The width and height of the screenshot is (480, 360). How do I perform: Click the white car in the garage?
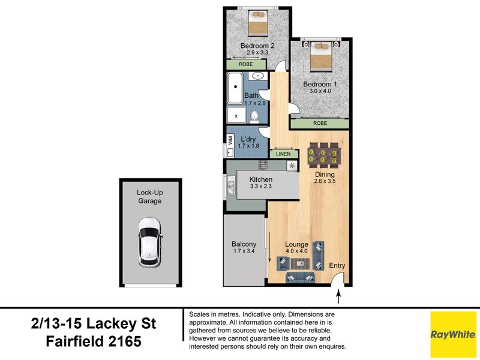point(149,242)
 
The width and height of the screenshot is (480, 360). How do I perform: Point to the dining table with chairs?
point(323,156)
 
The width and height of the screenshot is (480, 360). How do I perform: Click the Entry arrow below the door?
point(339,296)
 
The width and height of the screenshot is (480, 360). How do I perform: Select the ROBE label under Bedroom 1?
point(320,124)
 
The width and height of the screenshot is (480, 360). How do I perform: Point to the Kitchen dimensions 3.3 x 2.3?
point(261,187)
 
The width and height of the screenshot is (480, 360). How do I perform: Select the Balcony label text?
point(244,244)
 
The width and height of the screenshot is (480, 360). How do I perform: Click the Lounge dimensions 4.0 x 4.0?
point(296,251)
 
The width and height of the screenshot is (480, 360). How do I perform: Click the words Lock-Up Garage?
point(149,196)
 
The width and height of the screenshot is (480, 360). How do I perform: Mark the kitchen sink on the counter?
point(229,187)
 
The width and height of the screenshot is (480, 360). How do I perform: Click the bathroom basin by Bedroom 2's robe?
point(259,76)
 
